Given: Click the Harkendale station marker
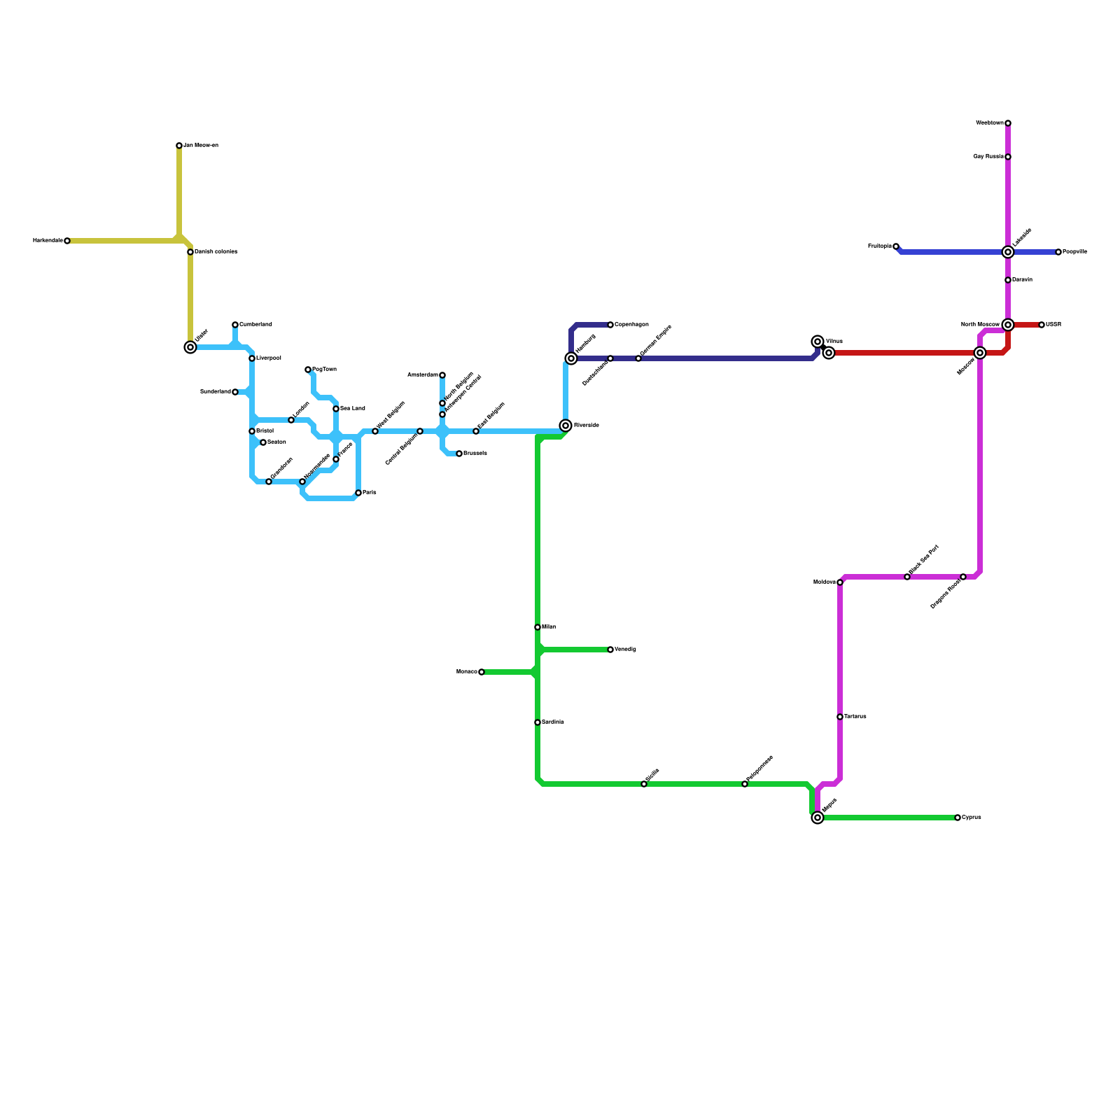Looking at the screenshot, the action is pos(67,241).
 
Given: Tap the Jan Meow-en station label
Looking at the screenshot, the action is pos(201,146).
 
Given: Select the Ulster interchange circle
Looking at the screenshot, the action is pos(190,347).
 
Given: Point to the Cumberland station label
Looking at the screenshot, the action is pos(255,325).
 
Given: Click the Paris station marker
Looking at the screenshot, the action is pos(358,493).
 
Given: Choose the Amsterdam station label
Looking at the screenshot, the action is pos(423,375).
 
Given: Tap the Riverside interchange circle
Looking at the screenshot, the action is pos(566,426).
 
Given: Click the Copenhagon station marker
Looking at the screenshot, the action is pos(610,325).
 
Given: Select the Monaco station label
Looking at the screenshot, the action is pos(467,672).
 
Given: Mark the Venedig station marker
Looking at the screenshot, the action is pos(610,650).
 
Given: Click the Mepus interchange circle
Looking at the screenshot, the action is pos(818,818).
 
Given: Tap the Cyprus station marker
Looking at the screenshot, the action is pos(958,818).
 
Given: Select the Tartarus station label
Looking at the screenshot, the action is pos(855,717).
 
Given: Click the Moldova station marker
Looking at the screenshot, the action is pos(840,582).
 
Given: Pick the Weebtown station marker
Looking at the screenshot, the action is pos(1008,123).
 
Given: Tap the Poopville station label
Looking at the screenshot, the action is pos(1075,252).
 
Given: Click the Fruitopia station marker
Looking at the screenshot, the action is pos(896,246).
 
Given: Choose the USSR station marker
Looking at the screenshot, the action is pos(1042,325).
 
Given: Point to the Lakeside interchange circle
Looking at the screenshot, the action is pos(1008,252).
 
